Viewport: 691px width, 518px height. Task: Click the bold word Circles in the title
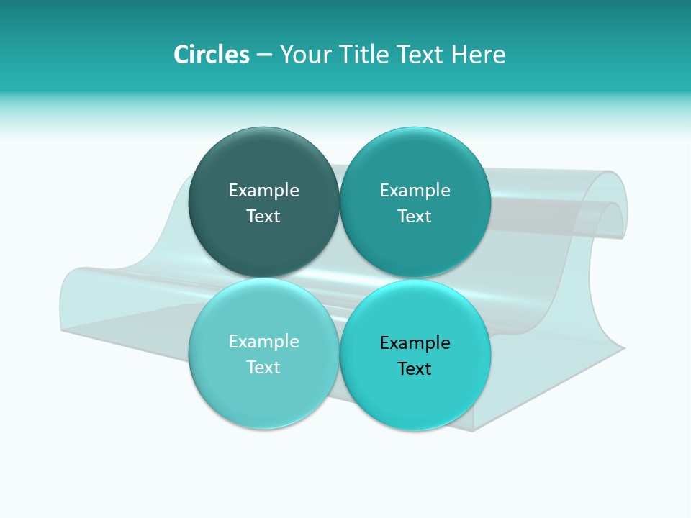(211, 55)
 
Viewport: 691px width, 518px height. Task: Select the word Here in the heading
(478, 55)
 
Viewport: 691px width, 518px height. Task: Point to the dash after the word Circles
(264, 55)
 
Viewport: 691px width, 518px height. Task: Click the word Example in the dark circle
(263, 190)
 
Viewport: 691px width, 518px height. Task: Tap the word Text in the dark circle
(263, 216)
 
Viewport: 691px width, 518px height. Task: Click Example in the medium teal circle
(415, 190)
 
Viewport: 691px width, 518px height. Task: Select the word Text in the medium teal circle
(415, 216)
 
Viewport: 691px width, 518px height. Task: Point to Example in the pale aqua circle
(263, 341)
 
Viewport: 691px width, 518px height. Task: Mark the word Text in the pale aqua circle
(263, 367)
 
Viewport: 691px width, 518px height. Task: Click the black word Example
(415, 342)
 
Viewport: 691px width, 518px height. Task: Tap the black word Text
(415, 368)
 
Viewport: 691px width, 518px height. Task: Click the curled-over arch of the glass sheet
(608, 194)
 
